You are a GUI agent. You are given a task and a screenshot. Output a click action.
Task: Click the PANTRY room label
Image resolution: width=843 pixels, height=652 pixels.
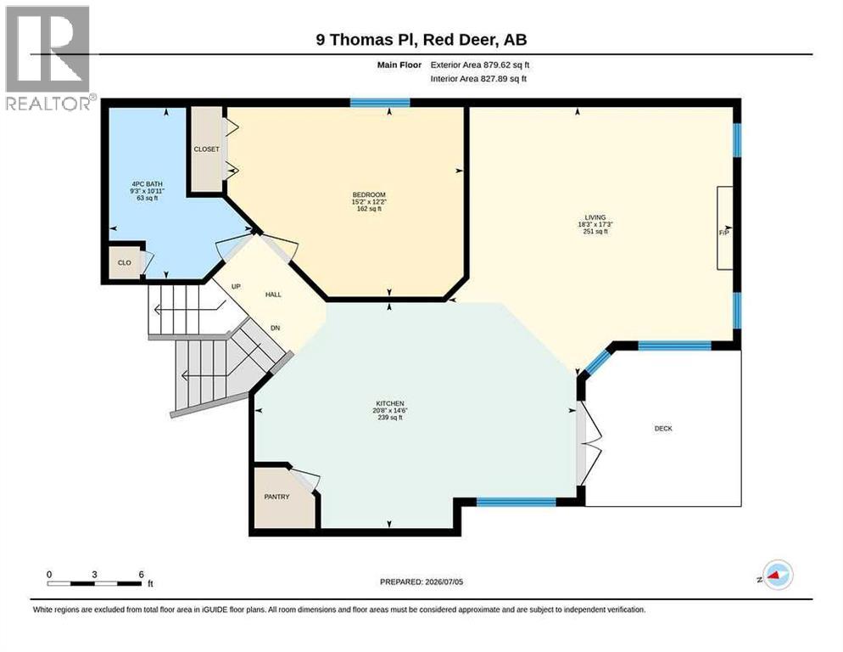pyautogui.click(x=276, y=497)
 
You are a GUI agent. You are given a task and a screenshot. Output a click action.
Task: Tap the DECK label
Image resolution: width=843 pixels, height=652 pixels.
pyautogui.click(x=663, y=429)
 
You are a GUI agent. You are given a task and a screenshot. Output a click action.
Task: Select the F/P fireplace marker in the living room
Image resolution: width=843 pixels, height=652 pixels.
pyautogui.click(x=724, y=233)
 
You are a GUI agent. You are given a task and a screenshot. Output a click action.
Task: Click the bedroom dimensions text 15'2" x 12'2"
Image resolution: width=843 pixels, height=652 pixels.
pyautogui.click(x=370, y=202)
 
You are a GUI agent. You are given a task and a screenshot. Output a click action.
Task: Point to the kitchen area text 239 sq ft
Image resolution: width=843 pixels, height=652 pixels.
pyautogui.click(x=390, y=417)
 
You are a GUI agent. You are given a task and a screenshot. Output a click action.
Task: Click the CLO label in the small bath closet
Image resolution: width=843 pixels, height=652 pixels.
pyautogui.click(x=124, y=262)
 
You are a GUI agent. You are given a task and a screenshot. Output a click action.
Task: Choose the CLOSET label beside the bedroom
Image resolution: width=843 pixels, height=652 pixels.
pyautogui.click(x=206, y=149)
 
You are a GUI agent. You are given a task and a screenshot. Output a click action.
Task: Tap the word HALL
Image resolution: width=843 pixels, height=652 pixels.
pyautogui.click(x=273, y=295)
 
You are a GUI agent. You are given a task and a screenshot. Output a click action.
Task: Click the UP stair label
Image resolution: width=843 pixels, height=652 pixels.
pyautogui.click(x=236, y=286)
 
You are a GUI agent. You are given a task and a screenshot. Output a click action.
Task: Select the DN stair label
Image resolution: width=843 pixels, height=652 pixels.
pyautogui.click(x=276, y=328)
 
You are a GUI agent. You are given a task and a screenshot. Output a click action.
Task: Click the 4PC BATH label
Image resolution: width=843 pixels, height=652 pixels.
pyautogui.click(x=148, y=184)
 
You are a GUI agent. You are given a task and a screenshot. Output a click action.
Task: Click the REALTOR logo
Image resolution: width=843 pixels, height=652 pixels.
pyautogui.click(x=48, y=58)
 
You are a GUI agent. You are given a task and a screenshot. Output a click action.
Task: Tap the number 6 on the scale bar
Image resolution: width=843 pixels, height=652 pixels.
pyautogui.click(x=142, y=575)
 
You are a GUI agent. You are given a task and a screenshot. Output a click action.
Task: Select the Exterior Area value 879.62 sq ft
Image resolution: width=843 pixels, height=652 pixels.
pyautogui.click(x=506, y=65)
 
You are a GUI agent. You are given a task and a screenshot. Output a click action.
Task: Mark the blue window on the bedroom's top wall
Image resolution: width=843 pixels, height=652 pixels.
pyautogui.click(x=380, y=102)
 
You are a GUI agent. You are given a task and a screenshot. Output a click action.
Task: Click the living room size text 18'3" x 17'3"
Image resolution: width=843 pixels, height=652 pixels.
pyautogui.click(x=595, y=224)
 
